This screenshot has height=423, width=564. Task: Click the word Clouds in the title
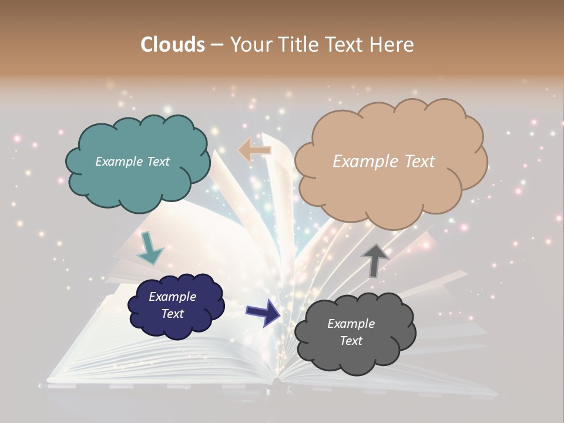[172, 45]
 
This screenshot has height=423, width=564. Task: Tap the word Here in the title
[392, 45]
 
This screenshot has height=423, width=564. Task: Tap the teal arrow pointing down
[149, 249]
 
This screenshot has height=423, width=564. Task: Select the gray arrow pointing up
[375, 260]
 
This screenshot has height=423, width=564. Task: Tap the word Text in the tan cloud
[415, 162]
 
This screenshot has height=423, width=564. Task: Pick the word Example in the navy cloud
[172, 297]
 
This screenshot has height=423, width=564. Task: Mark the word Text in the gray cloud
[351, 341]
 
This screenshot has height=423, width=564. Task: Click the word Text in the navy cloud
[172, 314]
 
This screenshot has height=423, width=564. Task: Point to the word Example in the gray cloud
[351, 324]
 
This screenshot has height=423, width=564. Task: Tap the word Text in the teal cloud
[157, 162]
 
